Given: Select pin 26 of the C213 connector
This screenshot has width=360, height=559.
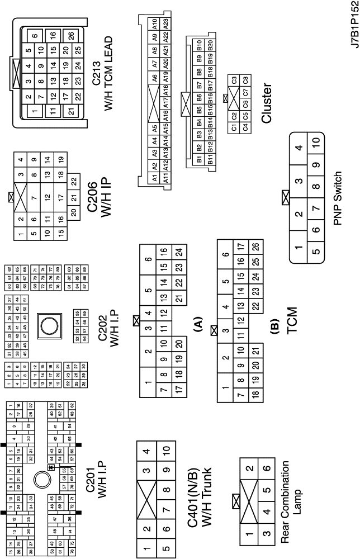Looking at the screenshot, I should [70, 35].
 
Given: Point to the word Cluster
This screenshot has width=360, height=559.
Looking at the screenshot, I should [266, 103].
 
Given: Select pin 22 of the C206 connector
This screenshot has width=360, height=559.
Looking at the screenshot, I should [73, 182].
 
